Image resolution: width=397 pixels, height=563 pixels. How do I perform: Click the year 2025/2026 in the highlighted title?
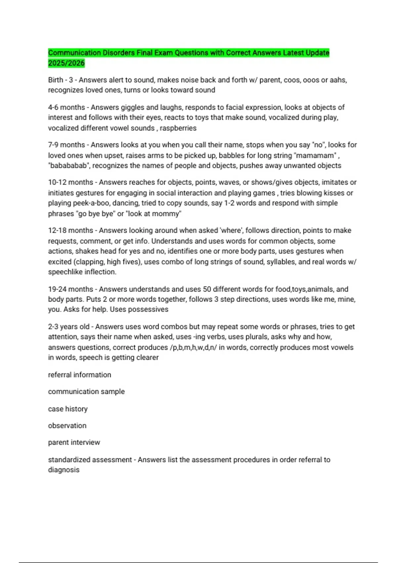click(x=66, y=63)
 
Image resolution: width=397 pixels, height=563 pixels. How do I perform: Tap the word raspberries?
click(x=178, y=128)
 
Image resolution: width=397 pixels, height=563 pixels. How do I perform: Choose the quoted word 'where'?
click(x=230, y=230)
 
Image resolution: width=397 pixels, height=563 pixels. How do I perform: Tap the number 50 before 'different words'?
click(x=207, y=289)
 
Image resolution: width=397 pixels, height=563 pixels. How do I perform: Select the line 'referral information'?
click(x=79, y=375)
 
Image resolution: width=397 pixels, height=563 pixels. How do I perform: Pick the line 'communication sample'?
click(x=86, y=391)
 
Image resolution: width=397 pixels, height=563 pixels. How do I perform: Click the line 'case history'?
click(x=68, y=409)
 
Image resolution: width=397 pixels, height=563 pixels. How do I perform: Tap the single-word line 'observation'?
click(x=67, y=426)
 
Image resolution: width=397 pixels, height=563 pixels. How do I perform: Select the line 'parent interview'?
click(x=74, y=442)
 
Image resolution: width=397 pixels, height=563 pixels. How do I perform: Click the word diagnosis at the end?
click(x=64, y=470)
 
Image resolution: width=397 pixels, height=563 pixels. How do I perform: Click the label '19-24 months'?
click(x=70, y=289)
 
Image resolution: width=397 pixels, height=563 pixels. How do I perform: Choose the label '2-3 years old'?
click(x=69, y=327)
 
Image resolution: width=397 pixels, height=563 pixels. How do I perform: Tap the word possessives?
click(x=148, y=309)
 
